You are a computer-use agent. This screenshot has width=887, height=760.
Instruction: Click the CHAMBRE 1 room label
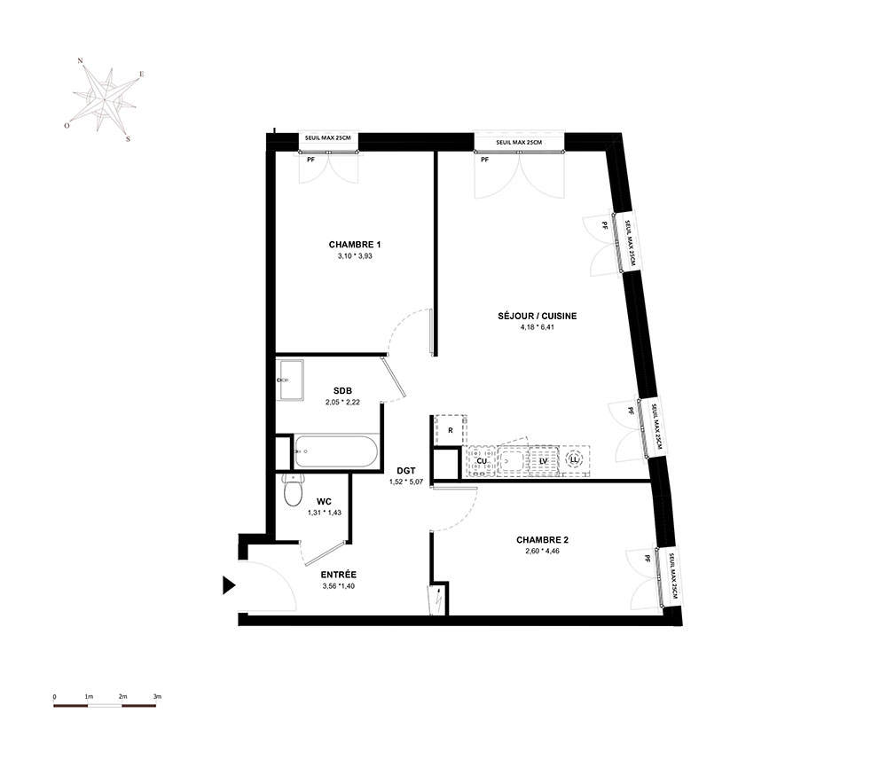point(355,245)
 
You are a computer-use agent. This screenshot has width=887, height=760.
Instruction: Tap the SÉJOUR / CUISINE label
point(538,316)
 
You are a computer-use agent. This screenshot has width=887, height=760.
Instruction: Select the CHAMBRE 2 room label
point(543,540)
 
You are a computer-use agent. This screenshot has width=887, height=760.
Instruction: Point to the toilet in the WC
point(293,490)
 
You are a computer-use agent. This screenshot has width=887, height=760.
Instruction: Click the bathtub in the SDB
point(335,451)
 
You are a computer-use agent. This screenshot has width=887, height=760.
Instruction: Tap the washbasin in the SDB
point(290,380)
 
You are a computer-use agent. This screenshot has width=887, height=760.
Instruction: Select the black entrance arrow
point(229,585)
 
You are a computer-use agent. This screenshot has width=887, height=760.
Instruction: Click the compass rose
point(105,100)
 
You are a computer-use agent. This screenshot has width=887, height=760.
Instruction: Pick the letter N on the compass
point(81,60)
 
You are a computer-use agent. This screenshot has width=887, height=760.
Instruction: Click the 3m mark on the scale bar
point(157,697)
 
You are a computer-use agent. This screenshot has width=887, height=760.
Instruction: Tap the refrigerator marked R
point(451,430)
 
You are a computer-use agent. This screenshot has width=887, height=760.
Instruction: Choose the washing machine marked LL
point(574,460)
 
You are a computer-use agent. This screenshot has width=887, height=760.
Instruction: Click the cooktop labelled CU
point(482,461)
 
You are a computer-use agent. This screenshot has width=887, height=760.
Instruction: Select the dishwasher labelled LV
point(544,461)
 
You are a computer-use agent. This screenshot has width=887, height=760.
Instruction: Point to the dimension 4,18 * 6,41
point(538,327)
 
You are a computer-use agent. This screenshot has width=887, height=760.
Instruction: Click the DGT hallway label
point(406,471)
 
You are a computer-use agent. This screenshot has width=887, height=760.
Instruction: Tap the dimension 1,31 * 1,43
point(324,513)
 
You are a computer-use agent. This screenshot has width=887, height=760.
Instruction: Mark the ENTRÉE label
point(338,575)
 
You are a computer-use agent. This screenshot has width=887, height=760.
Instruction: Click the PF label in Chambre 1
point(310,160)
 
